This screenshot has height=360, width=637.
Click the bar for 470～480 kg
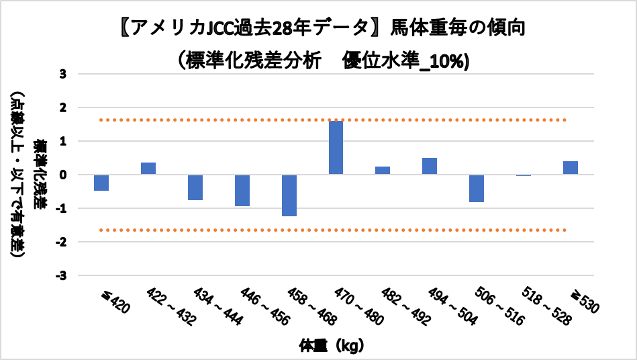point(336,148)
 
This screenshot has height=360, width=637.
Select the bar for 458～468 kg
point(289,195)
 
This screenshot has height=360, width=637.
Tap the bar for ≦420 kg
point(101,182)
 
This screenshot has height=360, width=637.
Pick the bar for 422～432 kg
point(148,169)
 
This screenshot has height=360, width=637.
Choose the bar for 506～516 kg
point(477,188)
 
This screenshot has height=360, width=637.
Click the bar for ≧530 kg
point(571,168)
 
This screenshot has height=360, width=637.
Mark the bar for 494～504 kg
point(430,166)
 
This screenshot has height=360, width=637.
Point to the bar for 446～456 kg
point(242,190)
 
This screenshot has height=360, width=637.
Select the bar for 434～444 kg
point(195,187)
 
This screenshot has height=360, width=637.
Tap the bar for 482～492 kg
point(383,171)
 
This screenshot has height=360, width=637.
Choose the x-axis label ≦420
point(115,302)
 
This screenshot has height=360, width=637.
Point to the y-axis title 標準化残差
point(42,174)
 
